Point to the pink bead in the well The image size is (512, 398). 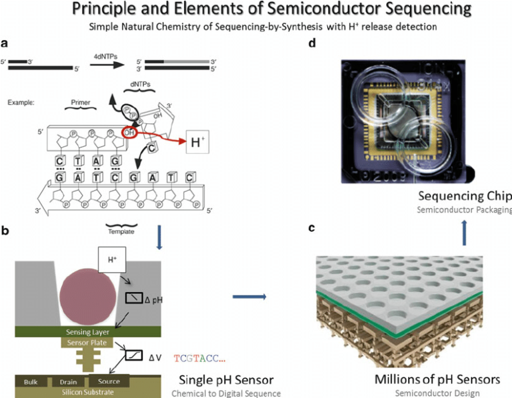point(89,295)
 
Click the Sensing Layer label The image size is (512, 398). point(89,331)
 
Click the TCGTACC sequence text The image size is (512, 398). point(199,358)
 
